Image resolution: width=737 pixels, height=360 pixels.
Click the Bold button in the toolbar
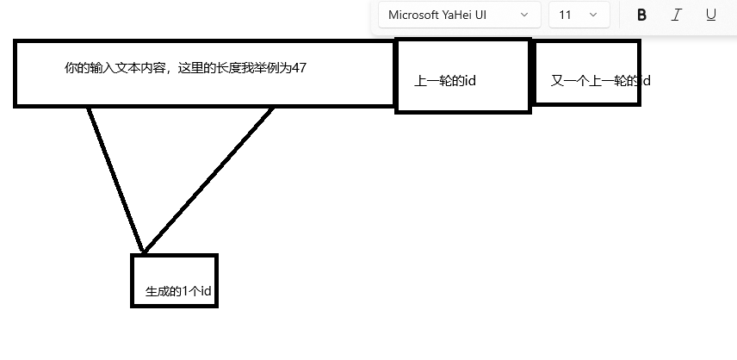641,15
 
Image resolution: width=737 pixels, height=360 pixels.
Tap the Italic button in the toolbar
676,15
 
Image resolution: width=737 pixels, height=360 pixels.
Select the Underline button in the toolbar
710,15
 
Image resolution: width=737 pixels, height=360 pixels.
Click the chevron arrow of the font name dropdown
524,15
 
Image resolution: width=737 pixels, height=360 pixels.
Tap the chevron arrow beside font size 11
592,15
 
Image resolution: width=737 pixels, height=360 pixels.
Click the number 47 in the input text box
299,68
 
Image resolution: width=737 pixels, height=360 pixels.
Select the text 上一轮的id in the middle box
445,82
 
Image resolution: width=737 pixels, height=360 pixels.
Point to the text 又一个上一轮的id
599,82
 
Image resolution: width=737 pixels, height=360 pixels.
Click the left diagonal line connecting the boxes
115,179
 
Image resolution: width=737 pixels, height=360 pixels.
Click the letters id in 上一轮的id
470,82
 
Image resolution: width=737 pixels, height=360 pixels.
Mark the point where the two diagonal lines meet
144,252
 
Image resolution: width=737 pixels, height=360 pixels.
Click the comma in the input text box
173,71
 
